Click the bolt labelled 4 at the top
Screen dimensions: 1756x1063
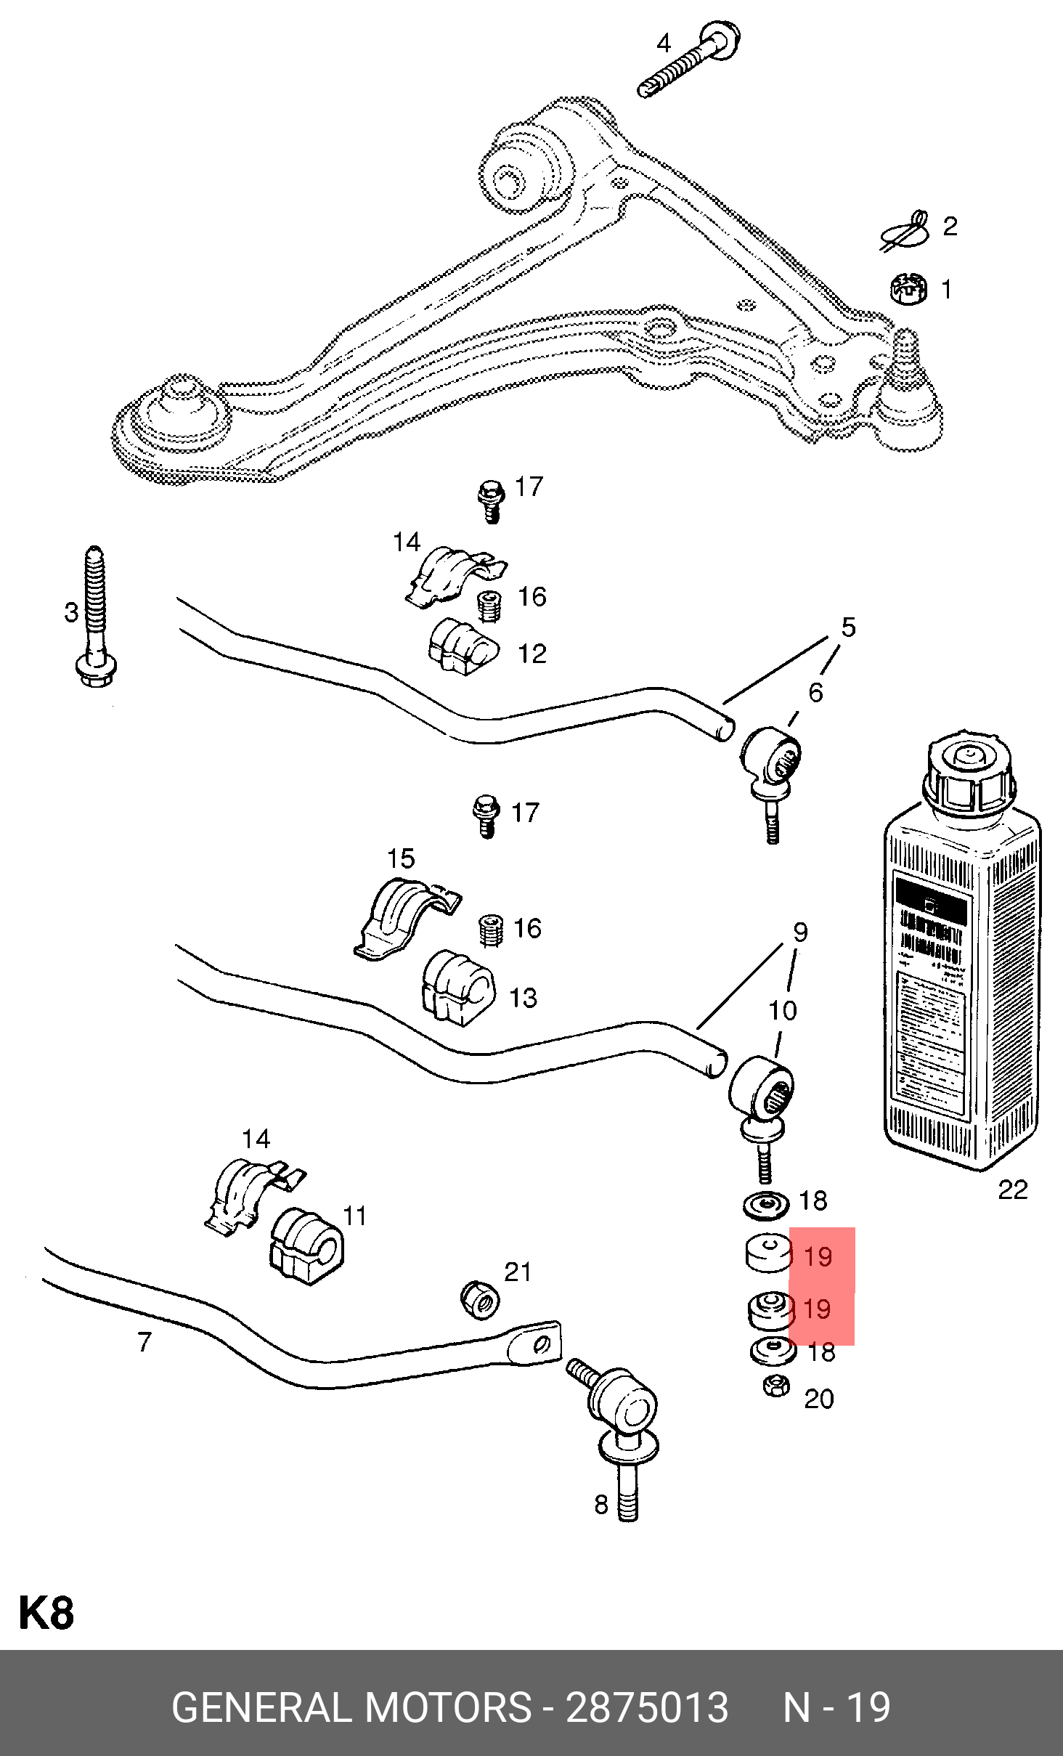click(x=690, y=62)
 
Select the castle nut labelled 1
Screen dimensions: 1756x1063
click(x=908, y=288)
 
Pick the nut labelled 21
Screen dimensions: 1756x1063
click(x=480, y=1299)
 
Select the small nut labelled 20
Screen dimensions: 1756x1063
click(x=776, y=1386)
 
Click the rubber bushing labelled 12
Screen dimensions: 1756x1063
click(x=463, y=646)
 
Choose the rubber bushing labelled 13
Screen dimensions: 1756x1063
click(x=458, y=987)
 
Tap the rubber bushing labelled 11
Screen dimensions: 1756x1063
click(x=307, y=1245)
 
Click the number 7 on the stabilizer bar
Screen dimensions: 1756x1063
click(x=145, y=1341)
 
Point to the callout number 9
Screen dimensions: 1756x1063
click(x=800, y=932)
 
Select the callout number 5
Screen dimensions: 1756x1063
click(x=848, y=627)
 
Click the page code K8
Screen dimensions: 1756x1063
click(x=46, y=1613)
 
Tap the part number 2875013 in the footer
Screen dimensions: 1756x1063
click(x=646, y=1708)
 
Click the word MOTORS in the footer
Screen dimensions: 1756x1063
click(x=448, y=1708)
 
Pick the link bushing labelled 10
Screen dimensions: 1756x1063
click(x=761, y=1086)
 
